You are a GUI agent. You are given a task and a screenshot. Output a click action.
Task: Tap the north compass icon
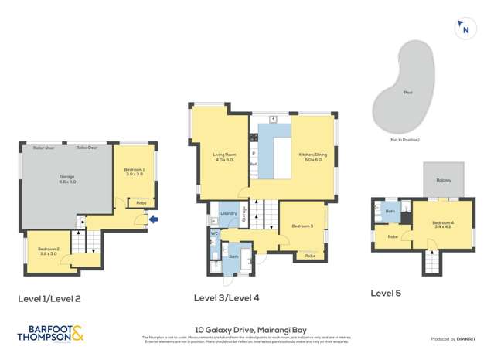tap(465, 29)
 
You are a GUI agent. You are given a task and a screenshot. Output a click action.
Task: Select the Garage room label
tap(67, 178)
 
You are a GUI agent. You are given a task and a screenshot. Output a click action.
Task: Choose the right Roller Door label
tap(87, 147)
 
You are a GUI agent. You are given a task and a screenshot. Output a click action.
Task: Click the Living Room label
tap(223, 157)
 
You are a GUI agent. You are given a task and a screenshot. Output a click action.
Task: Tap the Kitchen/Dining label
tap(312, 157)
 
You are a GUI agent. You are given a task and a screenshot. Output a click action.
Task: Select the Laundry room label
tap(228, 213)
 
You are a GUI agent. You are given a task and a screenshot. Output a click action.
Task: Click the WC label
tap(214, 233)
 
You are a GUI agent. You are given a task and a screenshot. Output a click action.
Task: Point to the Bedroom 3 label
tap(302, 226)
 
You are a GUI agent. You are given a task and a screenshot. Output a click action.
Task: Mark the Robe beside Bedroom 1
tap(141, 202)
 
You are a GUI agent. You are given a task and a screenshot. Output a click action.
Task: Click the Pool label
tap(407, 93)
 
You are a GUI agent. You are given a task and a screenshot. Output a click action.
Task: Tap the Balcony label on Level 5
tap(443, 180)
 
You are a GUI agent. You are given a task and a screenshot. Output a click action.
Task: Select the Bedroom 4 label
tap(443, 226)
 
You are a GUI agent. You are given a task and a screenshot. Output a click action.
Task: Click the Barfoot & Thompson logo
tap(50, 334)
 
